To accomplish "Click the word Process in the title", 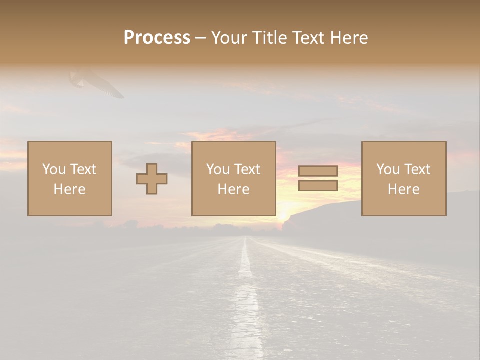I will click(x=157, y=38).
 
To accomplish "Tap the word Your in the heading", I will click(x=230, y=38).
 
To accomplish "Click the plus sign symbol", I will click(x=152, y=179).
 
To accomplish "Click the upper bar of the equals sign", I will click(x=318, y=171).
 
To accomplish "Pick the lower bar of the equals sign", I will click(x=318, y=186).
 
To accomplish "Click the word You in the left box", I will click(x=54, y=169).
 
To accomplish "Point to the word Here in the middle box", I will click(x=234, y=189).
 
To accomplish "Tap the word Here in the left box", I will click(x=70, y=189).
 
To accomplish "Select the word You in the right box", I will click(x=388, y=169).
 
